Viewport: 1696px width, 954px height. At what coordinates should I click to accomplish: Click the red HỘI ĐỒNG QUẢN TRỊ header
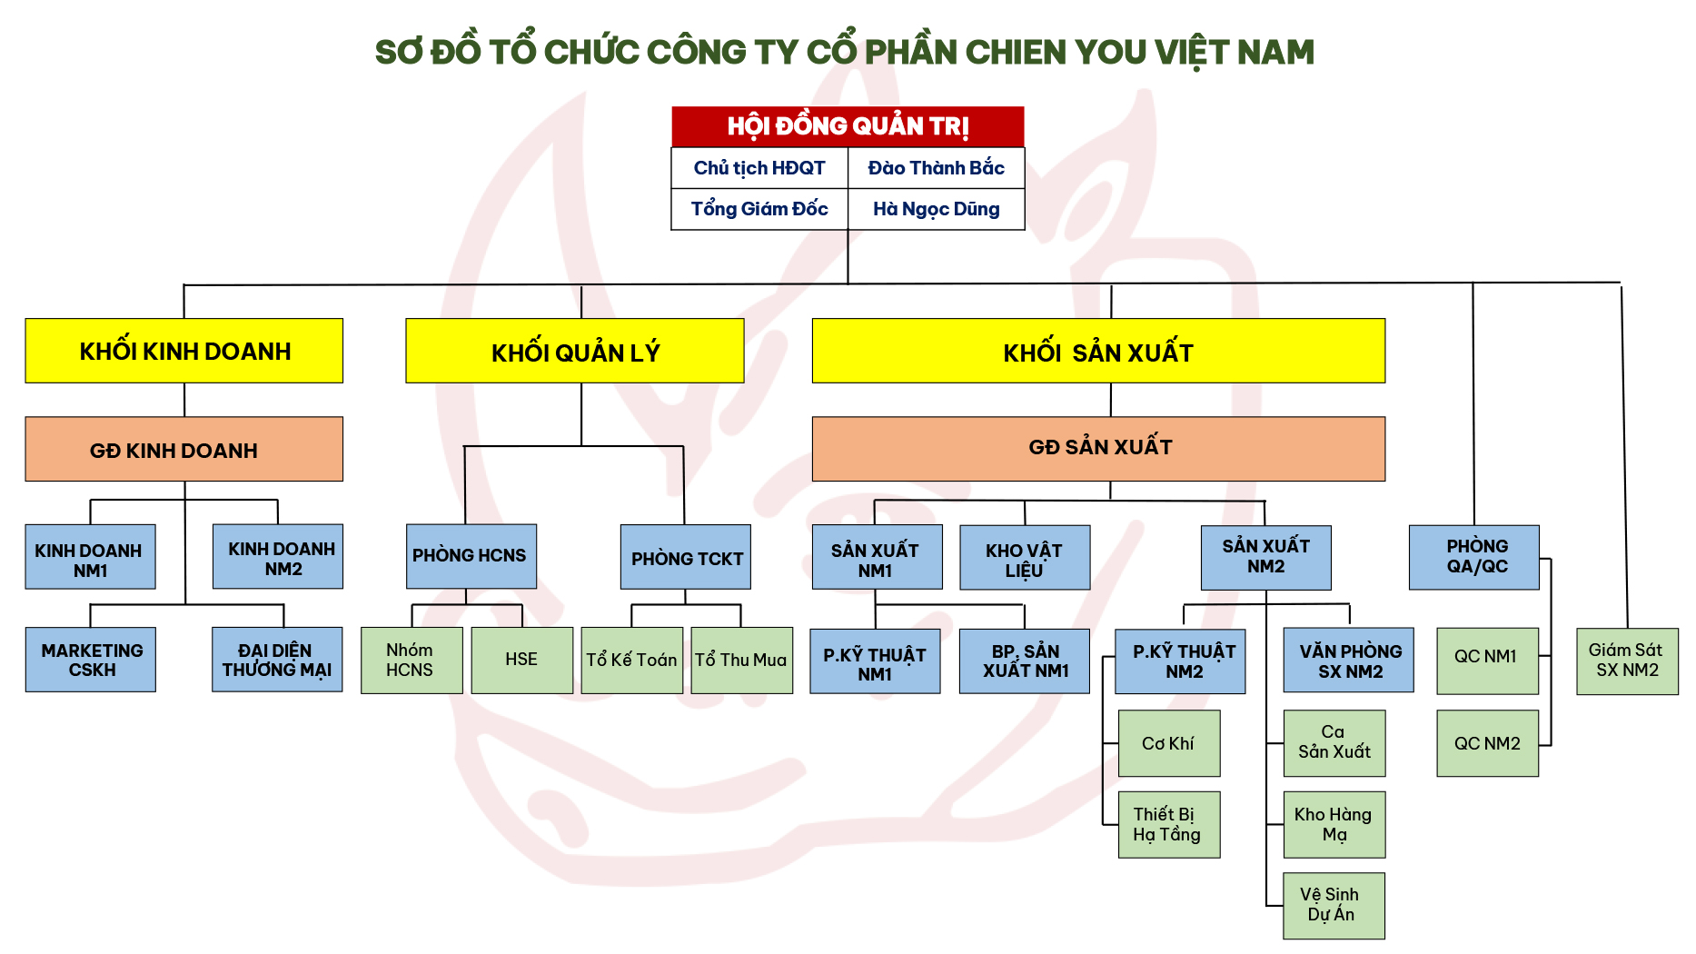click(848, 126)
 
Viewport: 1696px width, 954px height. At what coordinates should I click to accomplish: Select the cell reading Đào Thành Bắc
click(936, 168)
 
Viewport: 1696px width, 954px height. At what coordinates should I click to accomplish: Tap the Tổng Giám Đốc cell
click(759, 209)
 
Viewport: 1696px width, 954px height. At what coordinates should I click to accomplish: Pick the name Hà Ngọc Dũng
click(936, 209)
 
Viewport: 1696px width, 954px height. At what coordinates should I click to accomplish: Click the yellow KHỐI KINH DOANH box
click(184, 351)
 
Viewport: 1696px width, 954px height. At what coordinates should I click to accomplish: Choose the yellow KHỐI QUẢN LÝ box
click(575, 352)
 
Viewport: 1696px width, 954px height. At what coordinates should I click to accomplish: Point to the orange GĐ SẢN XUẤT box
click(1098, 448)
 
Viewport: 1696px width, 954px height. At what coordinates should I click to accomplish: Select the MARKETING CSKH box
click(91, 660)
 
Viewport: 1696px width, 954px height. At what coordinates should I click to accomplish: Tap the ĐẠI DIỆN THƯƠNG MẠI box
click(277, 660)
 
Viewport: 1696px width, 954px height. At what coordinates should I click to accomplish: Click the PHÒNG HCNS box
click(471, 555)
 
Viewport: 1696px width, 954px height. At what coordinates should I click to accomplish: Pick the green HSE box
click(521, 660)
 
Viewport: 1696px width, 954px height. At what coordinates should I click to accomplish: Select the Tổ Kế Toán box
click(631, 661)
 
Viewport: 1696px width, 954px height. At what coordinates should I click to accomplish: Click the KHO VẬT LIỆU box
click(1024, 558)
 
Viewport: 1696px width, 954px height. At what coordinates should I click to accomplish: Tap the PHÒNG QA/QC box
click(1473, 557)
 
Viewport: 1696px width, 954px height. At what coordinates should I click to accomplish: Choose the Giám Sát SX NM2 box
click(1626, 661)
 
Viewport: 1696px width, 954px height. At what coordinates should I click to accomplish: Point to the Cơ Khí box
click(1168, 743)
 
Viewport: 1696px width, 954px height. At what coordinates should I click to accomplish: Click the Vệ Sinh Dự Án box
click(1334, 905)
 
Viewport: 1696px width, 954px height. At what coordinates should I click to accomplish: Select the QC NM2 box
click(1487, 743)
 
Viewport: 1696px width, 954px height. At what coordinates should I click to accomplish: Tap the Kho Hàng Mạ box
click(1334, 824)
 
